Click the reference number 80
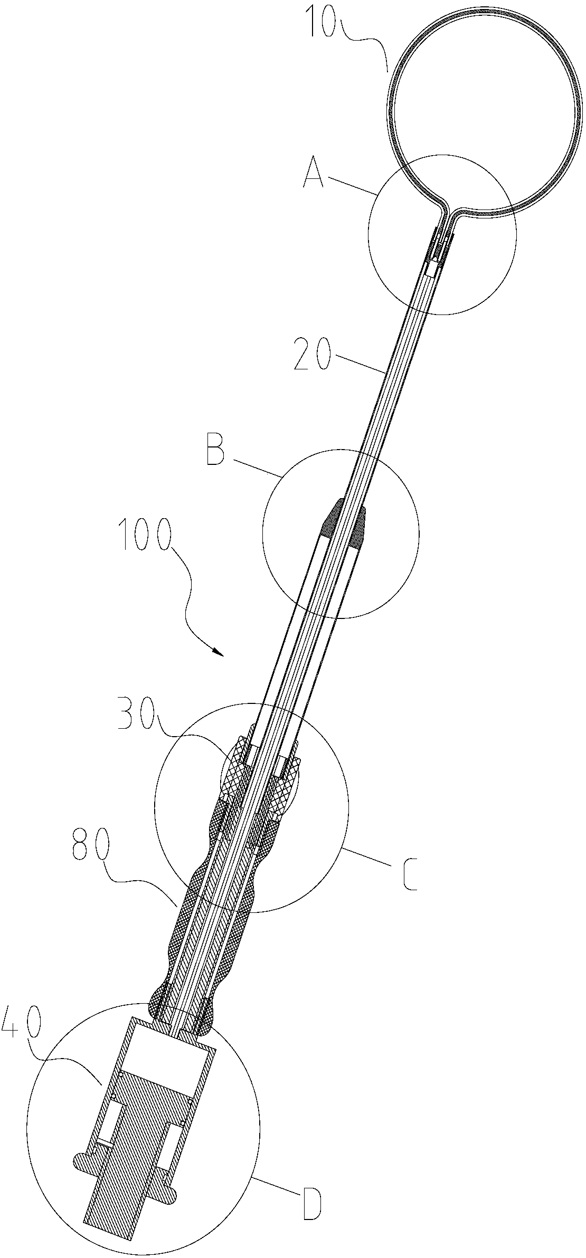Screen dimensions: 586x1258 90,849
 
